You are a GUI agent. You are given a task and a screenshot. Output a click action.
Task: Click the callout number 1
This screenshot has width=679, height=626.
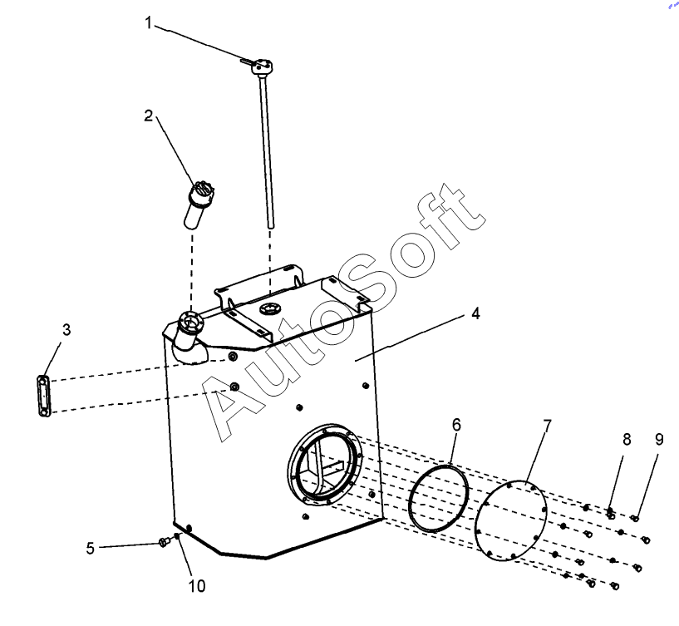tap(150, 22)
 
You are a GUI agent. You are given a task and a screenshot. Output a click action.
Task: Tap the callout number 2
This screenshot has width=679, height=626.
tap(149, 116)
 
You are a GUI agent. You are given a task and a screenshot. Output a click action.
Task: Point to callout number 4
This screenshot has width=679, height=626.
tap(475, 313)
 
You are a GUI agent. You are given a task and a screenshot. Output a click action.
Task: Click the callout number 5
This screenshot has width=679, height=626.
tap(90, 548)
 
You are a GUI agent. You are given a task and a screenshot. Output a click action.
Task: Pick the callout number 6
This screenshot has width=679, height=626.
tap(456, 424)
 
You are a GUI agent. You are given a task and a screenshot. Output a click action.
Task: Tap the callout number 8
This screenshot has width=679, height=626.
tap(627, 439)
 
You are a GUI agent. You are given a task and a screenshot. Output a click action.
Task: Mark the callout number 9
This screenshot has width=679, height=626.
tap(659, 439)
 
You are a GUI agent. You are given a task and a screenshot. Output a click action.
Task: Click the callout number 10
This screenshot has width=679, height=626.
tap(196, 585)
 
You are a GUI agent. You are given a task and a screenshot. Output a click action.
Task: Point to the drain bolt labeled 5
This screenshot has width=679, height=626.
tap(164, 542)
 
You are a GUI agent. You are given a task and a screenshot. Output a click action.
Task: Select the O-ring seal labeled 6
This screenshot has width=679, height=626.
tap(439, 497)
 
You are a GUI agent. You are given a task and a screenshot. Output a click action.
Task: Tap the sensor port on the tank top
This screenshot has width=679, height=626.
tap(270, 309)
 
